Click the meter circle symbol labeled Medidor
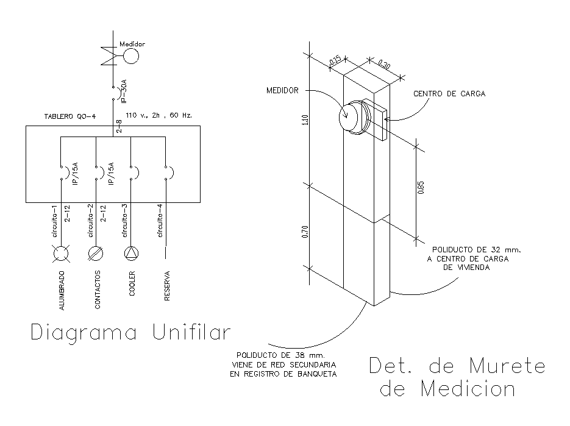coord(130,57)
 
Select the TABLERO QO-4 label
coord(70,116)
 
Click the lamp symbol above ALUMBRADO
coord(61,252)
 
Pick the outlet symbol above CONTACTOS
coord(96,252)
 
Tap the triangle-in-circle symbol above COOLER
coord(131,252)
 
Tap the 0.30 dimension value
coord(384,63)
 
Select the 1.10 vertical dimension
coord(304,120)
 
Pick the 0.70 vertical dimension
coord(304,232)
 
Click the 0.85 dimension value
coord(421,188)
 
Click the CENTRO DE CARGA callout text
coord(449,94)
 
